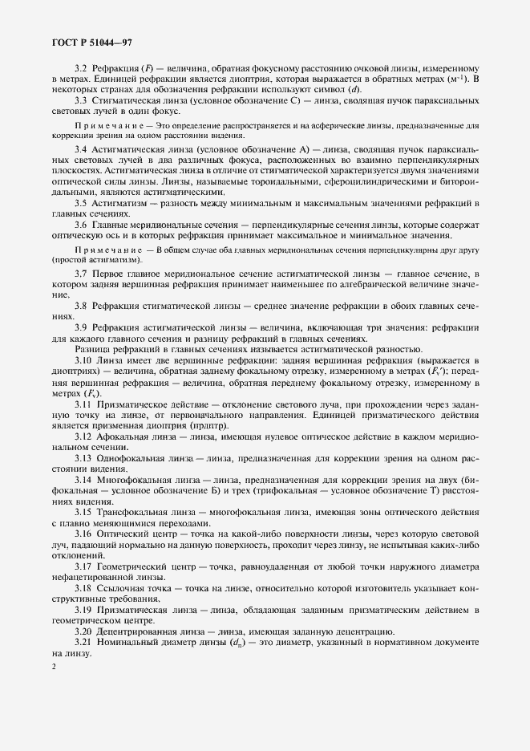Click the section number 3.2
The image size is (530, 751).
(x=80, y=68)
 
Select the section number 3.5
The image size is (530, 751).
(x=80, y=202)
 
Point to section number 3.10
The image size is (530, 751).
(x=83, y=360)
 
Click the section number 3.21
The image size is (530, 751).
(x=83, y=643)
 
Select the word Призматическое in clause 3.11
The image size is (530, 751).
(x=137, y=404)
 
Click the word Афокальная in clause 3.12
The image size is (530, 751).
(x=125, y=435)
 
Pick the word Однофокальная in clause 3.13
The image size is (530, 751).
(x=133, y=457)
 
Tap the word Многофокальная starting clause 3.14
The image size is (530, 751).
(x=136, y=479)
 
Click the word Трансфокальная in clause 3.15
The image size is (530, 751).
(x=135, y=512)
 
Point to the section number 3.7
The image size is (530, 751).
(x=80, y=274)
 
